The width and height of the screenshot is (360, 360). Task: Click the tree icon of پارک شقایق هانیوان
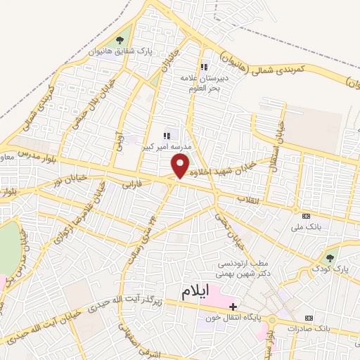pyautogui.click(x=120, y=40)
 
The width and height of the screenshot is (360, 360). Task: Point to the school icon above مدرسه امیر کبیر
pyautogui.click(x=167, y=136)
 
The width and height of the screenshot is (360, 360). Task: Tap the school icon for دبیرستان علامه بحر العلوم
pyautogui.click(x=205, y=67)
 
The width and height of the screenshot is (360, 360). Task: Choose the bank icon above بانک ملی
pyautogui.click(x=306, y=216)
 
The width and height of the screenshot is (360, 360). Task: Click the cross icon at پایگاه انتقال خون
pyautogui.click(x=232, y=307)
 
